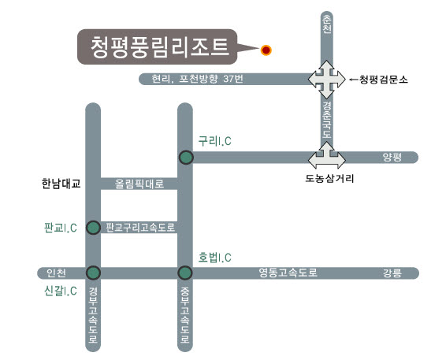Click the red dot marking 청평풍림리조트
pyautogui.click(x=266, y=50)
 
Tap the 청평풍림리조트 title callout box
pyautogui.click(x=158, y=47)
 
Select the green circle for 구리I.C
pyautogui.click(x=186, y=157)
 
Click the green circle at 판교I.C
pyautogui.click(x=93, y=228)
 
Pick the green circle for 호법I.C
pyautogui.click(x=185, y=273)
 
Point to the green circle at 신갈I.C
pyautogui.click(x=93, y=273)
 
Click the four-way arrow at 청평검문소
pyautogui.click(x=327, y=80)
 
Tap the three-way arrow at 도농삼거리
pyautogui.click(x=327, y=156)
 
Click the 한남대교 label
pyautogui.click(x=61, y=184)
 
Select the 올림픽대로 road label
pyautogui.click(x=139, y=184)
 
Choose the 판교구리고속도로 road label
pyautogui.click(x=140, y=228)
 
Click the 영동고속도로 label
pyautogui.click(x=288, y=273)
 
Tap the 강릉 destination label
pyautogui.click(x=392, y=273)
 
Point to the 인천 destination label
pyautogui.click(x=56, y=273)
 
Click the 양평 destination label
pyautogui.click(x=392, y=157)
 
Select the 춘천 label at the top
pyautogui.click(x=327, y=24)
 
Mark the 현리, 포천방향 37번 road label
pyautogui.click(x=198, y=79)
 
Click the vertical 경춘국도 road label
pyautogui.click(x=327, y=121)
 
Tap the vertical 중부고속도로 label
pyautogui.click(x=185, y=315)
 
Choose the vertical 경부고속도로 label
pyautogui.click(x=93, y=315)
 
